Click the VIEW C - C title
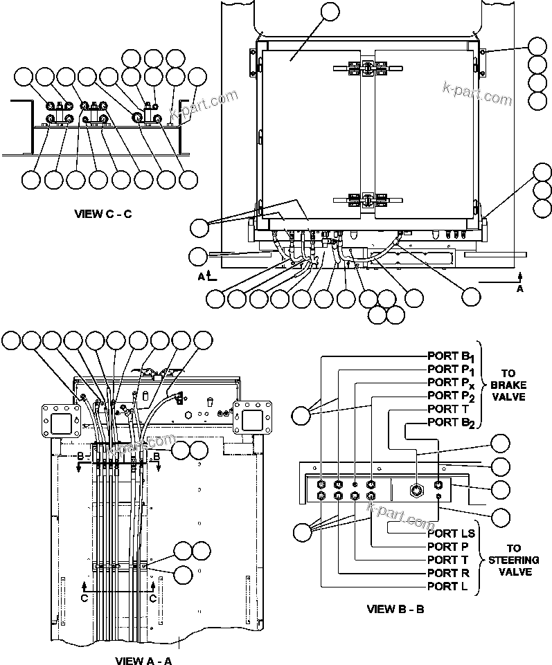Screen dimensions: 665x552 103,214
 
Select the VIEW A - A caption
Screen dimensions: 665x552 143,660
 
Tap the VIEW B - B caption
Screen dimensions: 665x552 395,610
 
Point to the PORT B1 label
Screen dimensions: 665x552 451,357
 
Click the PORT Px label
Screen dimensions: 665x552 451,383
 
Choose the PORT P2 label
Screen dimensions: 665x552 451,396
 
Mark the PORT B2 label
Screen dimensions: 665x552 451,422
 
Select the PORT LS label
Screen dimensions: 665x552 451,534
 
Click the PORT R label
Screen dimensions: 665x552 447,573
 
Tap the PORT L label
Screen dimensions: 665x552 447,586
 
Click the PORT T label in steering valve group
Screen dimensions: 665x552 447,560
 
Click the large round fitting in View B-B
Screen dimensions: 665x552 416,490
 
